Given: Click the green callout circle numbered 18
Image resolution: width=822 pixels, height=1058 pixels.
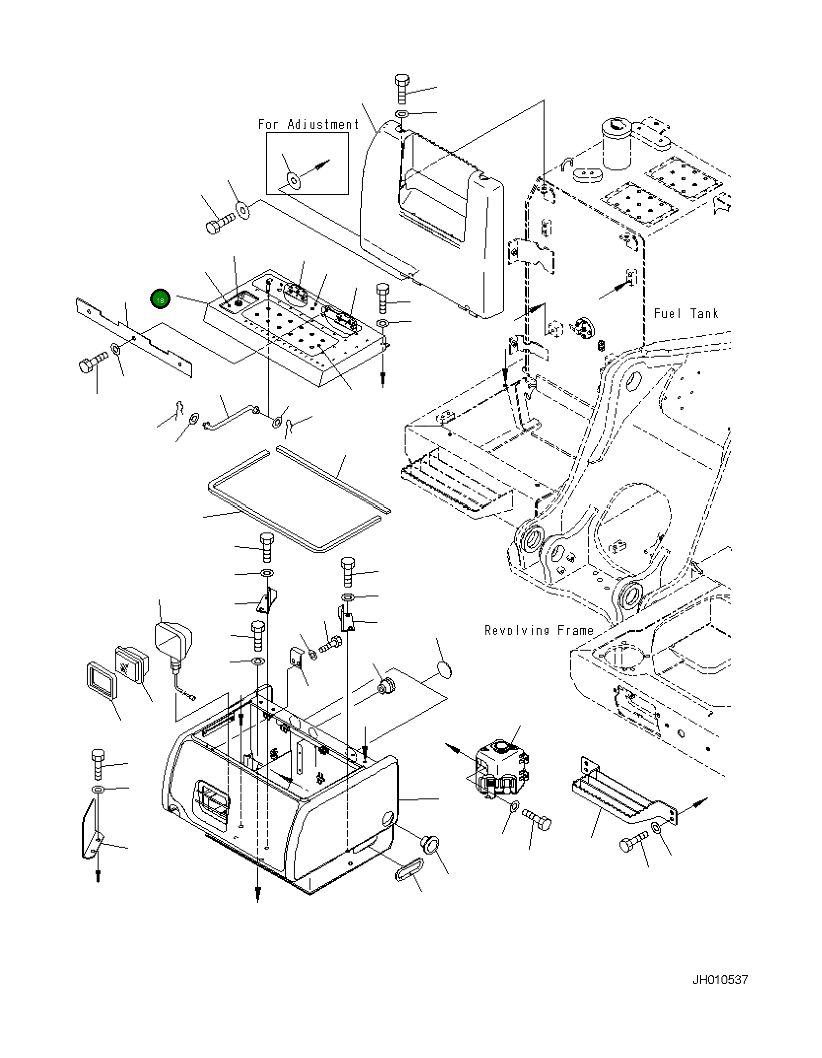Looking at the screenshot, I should (x=161, y=299).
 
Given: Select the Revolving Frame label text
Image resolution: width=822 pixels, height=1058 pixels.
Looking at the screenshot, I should (x=539, y=630).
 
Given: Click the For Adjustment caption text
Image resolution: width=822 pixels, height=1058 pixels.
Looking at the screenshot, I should (x=308, y=125).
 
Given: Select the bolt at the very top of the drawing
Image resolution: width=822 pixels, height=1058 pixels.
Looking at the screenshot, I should (x=402, y=89).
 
